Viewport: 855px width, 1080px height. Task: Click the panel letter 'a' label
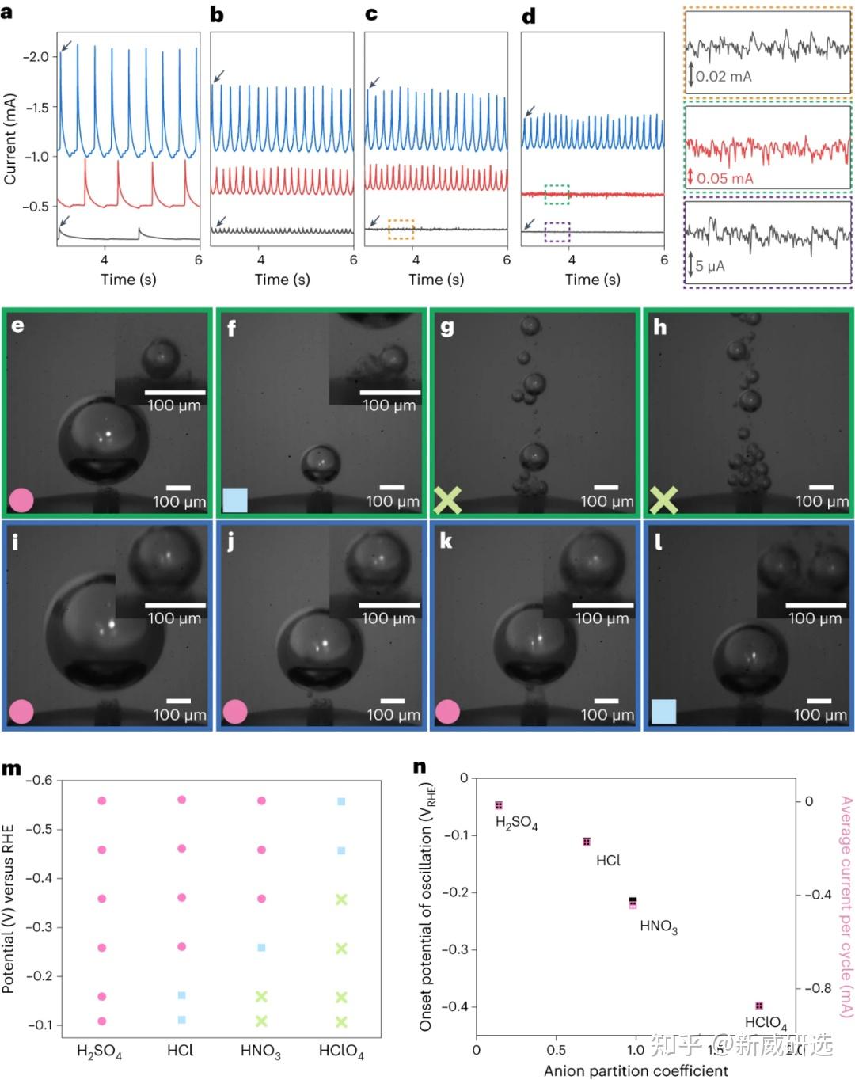(7, 11)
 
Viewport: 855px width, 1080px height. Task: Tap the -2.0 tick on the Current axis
(35, 57)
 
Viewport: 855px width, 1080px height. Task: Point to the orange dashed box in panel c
(401, 230)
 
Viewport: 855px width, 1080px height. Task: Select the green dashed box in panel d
(557, 193)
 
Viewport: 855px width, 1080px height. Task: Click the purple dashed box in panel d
(557, 231)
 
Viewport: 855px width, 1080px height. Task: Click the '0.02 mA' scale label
(724, 77)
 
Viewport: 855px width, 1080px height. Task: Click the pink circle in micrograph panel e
(21, 500)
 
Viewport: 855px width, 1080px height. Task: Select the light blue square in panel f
(235, 500)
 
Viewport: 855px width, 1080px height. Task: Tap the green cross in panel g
(448, 500)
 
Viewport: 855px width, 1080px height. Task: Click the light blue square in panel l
(663, 711)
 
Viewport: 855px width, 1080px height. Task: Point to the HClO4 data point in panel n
(759, 1006)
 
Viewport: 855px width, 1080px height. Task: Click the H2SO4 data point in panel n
(499, 805)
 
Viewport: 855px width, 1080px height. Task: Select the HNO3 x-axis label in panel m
(260, 1051)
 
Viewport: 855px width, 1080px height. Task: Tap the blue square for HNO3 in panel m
(261, 948)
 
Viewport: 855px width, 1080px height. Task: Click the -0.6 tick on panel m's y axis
(39, 781)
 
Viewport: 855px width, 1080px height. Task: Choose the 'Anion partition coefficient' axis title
(636, 1070)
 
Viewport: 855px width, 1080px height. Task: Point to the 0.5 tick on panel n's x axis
(556, 1050)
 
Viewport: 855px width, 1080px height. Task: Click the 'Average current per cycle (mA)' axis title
(845, 907)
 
